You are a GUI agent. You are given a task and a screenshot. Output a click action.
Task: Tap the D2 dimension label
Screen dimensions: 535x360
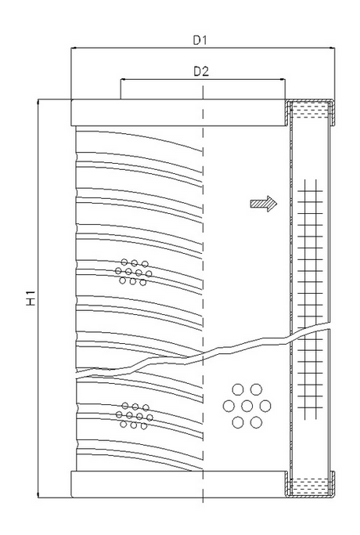point(202,70)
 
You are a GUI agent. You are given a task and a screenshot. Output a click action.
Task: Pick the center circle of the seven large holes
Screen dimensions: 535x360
point(247,406)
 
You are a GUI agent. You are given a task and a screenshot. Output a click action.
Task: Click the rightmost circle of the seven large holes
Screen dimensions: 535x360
point(266,406)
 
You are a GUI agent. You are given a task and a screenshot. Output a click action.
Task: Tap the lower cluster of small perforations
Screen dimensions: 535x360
point(133,415)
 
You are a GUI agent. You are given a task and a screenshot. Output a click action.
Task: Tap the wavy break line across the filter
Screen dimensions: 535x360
point(203,354)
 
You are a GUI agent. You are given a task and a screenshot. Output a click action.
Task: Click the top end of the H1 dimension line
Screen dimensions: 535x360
point(38,99)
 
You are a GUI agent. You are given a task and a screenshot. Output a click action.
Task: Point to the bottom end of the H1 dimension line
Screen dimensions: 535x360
point(38,498)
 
